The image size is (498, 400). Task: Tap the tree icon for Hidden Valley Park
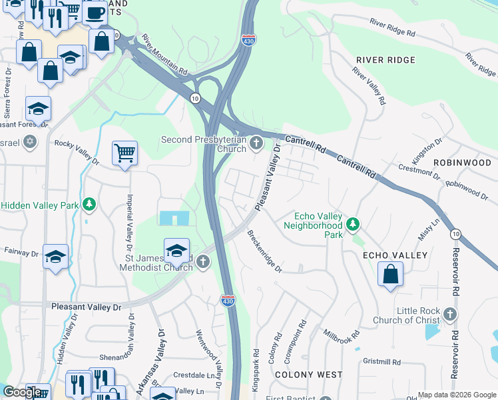point(89,205)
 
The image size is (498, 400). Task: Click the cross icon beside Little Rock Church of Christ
point(450,314)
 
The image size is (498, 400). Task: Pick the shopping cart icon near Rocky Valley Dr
point(124,154)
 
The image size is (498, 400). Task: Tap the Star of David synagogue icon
point(29,142)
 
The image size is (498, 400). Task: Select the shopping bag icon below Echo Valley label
point(390,274)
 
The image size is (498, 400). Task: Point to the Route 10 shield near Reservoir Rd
point(455,234)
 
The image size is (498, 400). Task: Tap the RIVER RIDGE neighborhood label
point(385,60)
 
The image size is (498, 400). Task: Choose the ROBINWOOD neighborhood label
point(462,163)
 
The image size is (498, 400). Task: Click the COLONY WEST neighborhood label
point(299,375)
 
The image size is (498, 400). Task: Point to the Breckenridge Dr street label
point(265,251)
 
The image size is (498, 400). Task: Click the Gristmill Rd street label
point(381,362)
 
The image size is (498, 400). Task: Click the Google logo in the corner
point(23,392)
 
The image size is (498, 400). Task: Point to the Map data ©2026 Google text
point(457,395)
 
